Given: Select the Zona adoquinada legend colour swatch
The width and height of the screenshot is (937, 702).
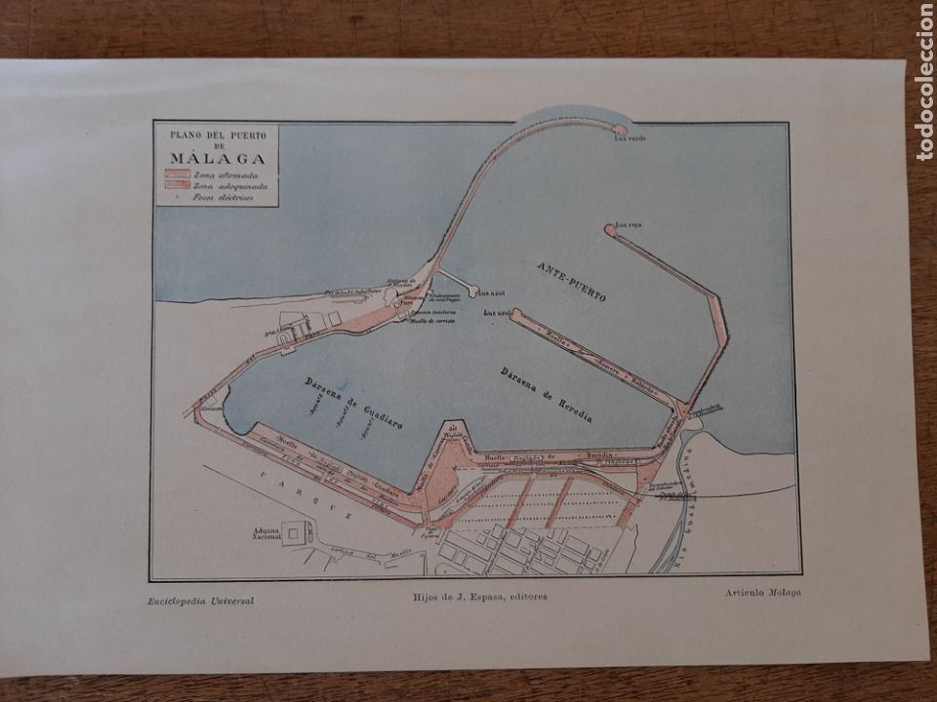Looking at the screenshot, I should [x=177, y=185].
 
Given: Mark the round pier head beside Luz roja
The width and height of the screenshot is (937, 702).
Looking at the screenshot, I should [x=610, y=231].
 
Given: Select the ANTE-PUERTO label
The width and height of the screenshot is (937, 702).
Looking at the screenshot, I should [x=571, y=281].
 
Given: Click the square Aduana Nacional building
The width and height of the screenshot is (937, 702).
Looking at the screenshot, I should [x=297, y=532].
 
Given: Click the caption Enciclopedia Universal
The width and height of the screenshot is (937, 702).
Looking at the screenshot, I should [x=203, y=601].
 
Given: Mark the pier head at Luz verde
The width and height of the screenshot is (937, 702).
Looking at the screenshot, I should [x=618, y=129].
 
